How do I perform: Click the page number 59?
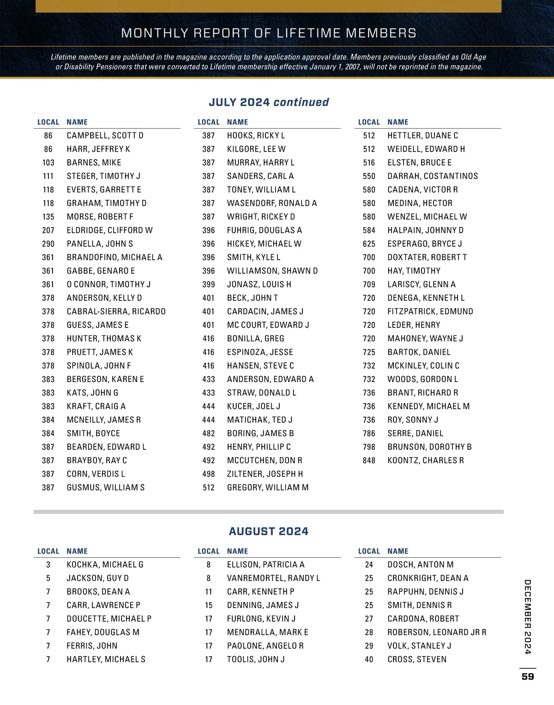(528, 676)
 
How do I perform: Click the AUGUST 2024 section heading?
(269, 532)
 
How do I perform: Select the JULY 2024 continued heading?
(269, 102)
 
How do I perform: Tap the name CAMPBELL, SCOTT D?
(105, 136)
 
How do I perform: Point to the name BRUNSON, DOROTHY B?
(429, 447)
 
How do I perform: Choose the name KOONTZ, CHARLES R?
(426, 460)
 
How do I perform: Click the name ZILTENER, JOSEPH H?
(265, 474)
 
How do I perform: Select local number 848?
(369, 460)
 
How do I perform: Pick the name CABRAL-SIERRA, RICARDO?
(116, 311)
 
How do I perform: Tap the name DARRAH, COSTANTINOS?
(433, 176)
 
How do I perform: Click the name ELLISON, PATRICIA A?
(265, 565)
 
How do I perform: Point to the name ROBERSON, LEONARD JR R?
(437, 633)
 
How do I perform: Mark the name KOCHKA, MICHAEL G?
(105, 565)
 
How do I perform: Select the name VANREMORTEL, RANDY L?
(273, 578)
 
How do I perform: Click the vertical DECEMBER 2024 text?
(528, 617)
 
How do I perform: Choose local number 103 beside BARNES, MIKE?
(48, 163)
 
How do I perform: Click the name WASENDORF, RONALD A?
(272, 203)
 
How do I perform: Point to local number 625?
(369, 244)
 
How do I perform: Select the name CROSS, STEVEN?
(417, 660)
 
